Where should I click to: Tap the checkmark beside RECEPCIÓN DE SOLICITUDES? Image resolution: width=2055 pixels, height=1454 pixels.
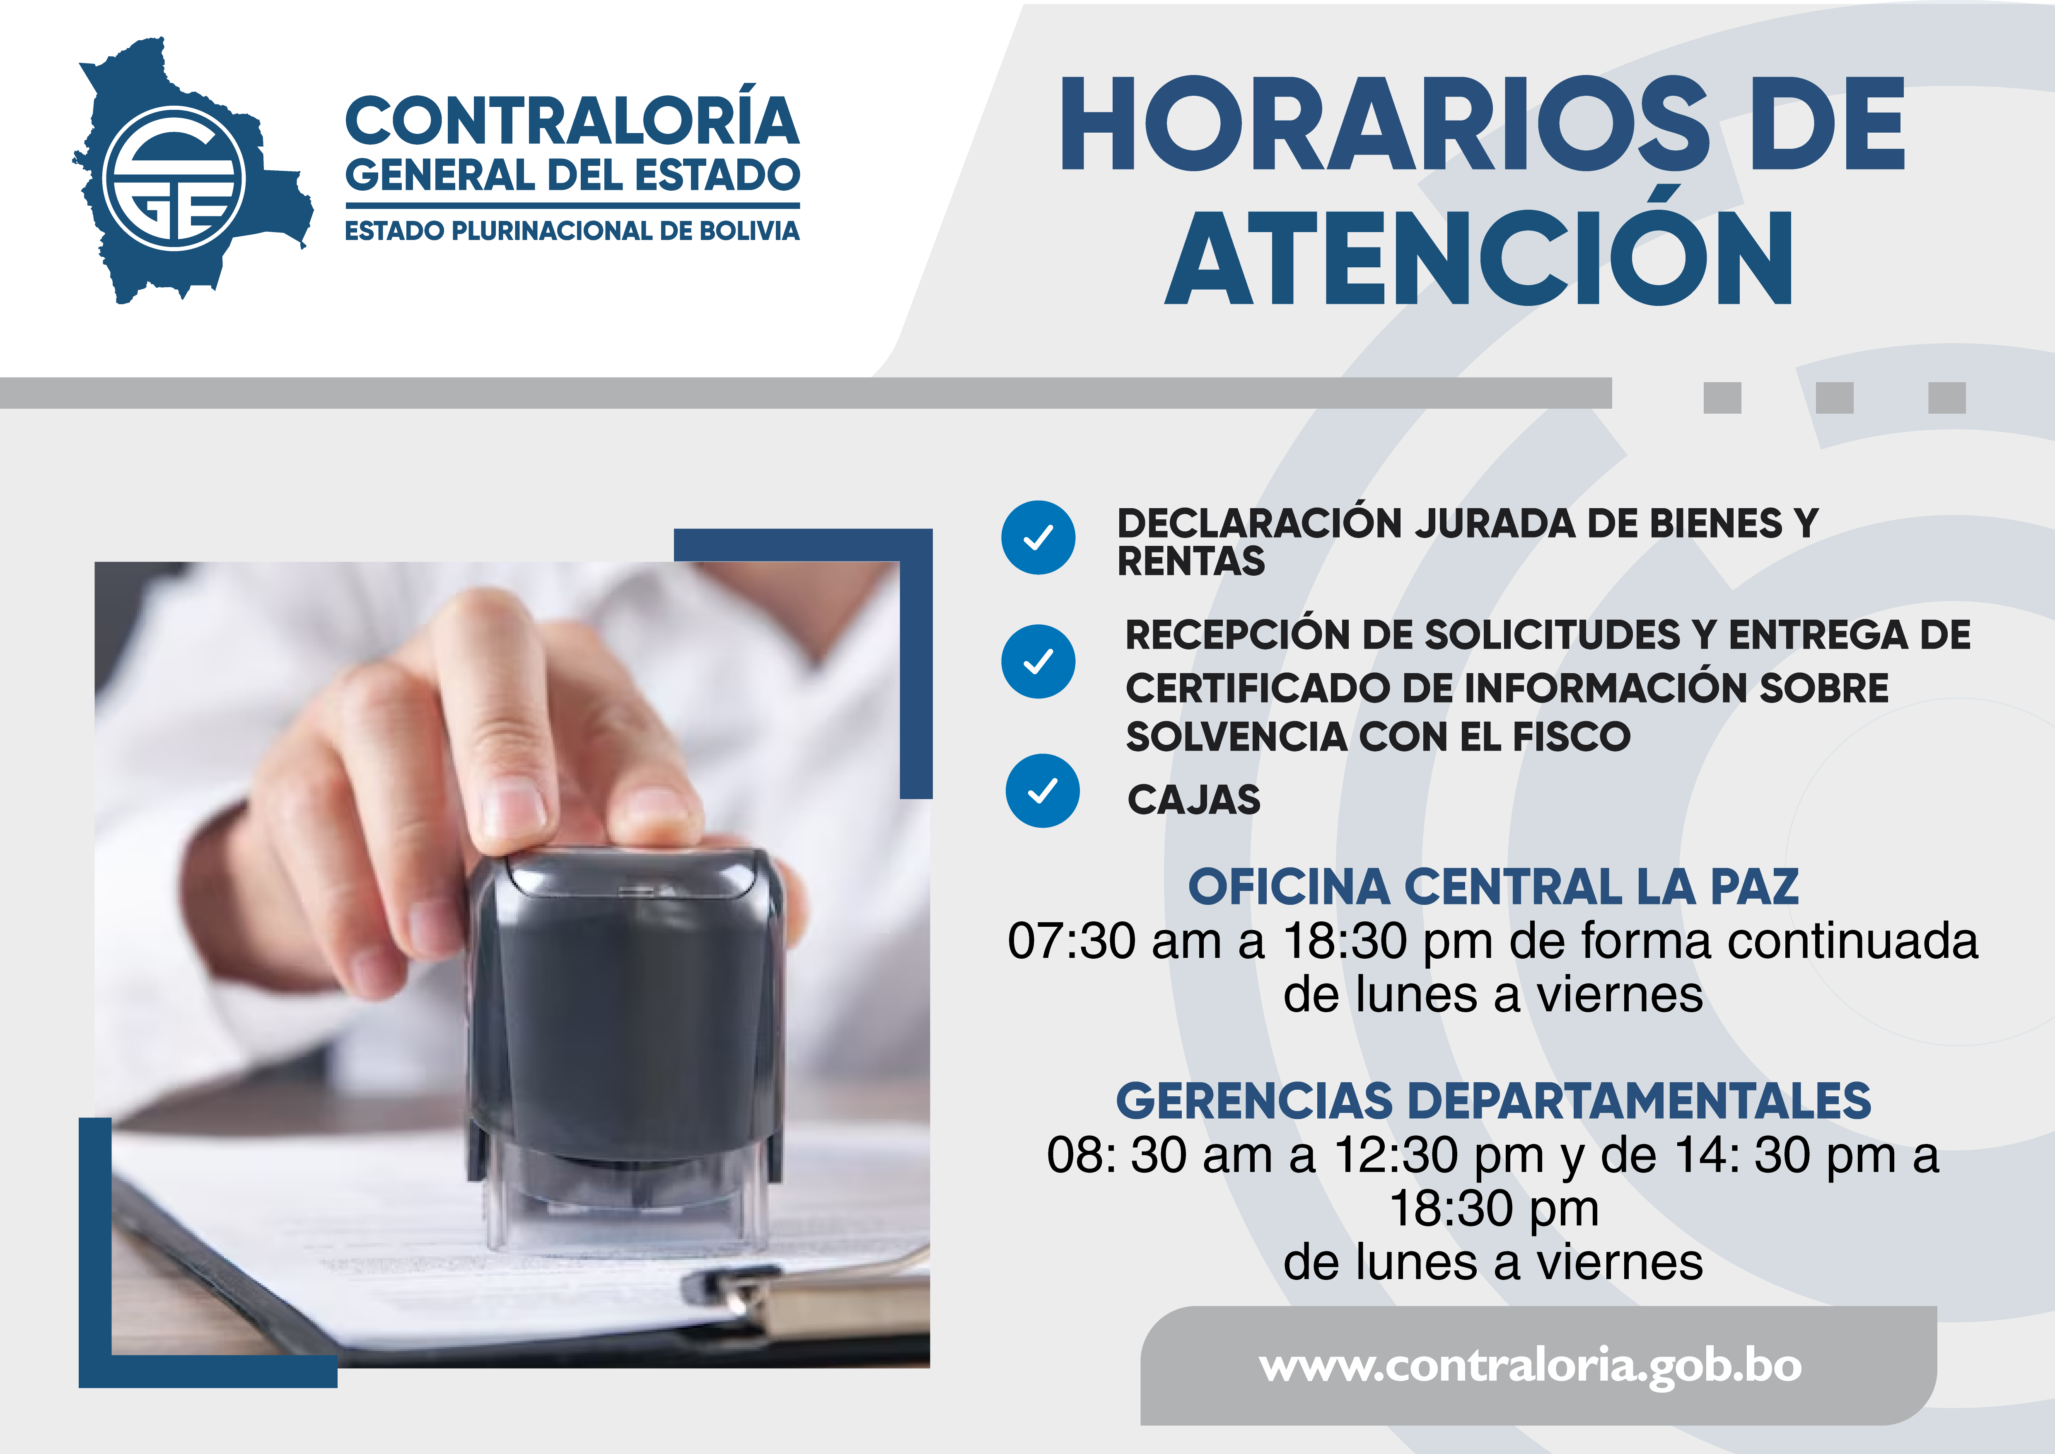tap(1038, 662)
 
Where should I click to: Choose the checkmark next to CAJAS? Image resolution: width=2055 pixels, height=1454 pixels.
tap(1043, 790)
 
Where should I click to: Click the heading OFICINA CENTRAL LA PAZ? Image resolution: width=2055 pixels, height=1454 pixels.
tap(1493, 886)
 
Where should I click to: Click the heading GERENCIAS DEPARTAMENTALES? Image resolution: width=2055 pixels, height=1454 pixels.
tap(1493, 1100)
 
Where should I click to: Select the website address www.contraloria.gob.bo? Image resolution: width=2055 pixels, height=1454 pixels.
tap(1531, 1366)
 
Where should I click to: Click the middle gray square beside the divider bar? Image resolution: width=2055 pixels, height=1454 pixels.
tap(1835, 397)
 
